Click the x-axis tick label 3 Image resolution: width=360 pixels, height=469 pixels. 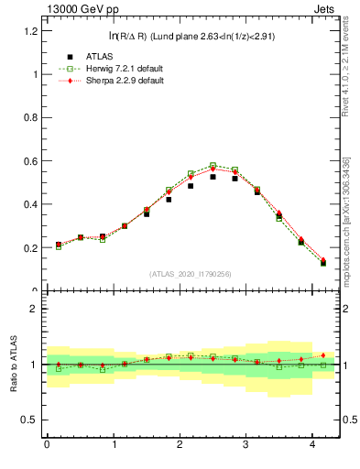click(246, 445)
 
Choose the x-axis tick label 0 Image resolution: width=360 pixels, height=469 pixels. click(47, 445)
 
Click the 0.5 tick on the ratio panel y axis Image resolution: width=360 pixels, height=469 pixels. click(29, 420)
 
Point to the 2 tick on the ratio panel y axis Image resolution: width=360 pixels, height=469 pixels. click(35, 309)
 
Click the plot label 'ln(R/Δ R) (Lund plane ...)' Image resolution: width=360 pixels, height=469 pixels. click(191, 37)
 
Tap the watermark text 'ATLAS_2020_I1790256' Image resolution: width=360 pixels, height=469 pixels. click(191, 274)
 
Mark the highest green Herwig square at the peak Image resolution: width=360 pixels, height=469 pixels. click(213, 166)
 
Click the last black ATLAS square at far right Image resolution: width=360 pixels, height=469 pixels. click(322, 263)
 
